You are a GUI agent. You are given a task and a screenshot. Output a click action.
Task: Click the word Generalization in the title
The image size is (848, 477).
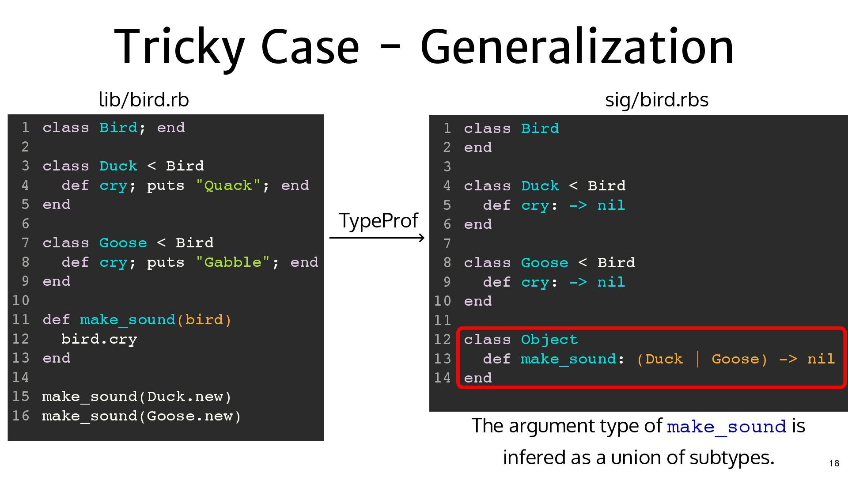(577, 47)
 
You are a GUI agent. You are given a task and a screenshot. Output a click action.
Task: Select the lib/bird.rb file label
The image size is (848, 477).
(144, 100)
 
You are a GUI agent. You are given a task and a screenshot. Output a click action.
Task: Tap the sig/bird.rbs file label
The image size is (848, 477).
(656, 100)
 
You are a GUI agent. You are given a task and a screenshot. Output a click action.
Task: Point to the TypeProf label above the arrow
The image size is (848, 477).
(379, 220)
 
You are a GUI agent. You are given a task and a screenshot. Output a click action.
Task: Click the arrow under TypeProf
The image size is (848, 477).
(377, 238)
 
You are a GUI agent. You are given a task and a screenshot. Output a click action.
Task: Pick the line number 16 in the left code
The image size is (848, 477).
(21, 416)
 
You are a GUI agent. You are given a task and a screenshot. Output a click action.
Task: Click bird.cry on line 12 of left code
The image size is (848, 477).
(99, 339)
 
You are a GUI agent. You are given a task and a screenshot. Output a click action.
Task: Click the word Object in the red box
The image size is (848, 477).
(549, 340)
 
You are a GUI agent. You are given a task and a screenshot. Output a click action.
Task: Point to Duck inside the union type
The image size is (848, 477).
(664, 359)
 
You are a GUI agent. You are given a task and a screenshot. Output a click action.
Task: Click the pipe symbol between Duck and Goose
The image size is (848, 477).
(697, 359)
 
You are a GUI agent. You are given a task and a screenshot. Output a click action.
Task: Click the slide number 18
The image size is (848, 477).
(834, 463)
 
